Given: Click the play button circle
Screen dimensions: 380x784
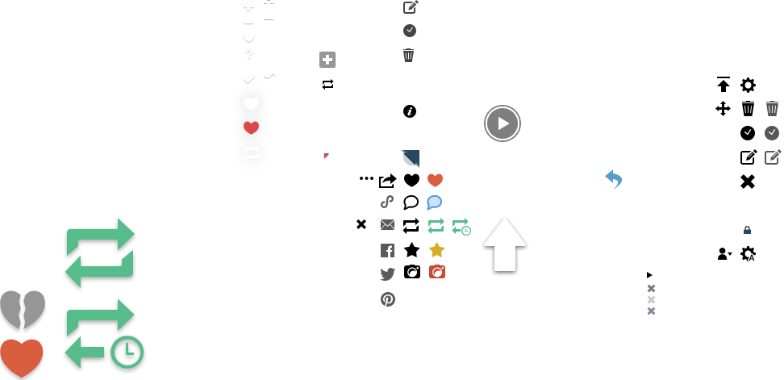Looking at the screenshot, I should click(503, 123).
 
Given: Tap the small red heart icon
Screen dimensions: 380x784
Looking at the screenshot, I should click(252, 127).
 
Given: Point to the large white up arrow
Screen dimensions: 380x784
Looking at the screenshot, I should click(504, 244).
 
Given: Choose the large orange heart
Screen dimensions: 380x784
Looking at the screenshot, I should click(22, 357).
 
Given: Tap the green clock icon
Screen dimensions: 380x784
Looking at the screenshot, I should click(127, 352).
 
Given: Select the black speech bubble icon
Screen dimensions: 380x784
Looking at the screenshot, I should click(411, 202).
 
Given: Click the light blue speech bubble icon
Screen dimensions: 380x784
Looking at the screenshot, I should click(434, 202).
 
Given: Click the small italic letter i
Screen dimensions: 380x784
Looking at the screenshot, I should click(410, 111).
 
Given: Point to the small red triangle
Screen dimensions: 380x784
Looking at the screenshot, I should click(326, 156).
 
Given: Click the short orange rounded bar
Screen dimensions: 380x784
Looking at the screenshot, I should click(455, 180).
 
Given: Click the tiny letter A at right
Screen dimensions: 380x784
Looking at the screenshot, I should click(751, 257).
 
